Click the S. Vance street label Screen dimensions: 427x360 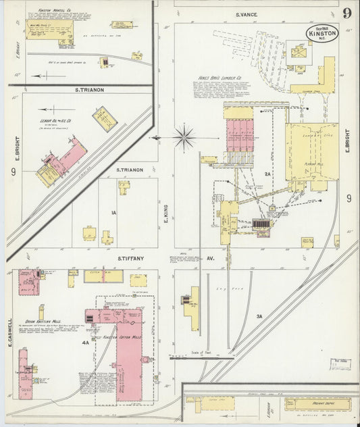coord(249,14)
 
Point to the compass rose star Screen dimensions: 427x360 coord(184,137)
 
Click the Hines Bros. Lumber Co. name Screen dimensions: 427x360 coord(220,77)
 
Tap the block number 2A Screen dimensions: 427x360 coord(267,174)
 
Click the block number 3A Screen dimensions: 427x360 coord(259,316)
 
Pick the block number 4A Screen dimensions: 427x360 coord(86,343)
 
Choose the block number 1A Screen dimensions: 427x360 coord(114,214)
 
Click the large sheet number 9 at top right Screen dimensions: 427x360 coord(346,14)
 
